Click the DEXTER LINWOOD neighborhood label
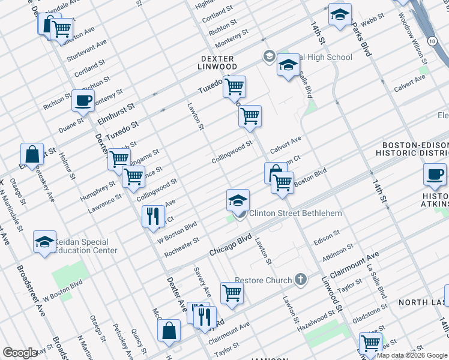[218, 62]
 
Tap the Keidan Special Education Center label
[84, 246]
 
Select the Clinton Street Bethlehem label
[295, 213]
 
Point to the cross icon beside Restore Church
[301, 280]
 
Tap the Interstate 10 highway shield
[432, 40]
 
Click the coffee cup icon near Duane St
[83, 101]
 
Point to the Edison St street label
[327, 236]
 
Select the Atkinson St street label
[337, 251]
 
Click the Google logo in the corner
[20, 353]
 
